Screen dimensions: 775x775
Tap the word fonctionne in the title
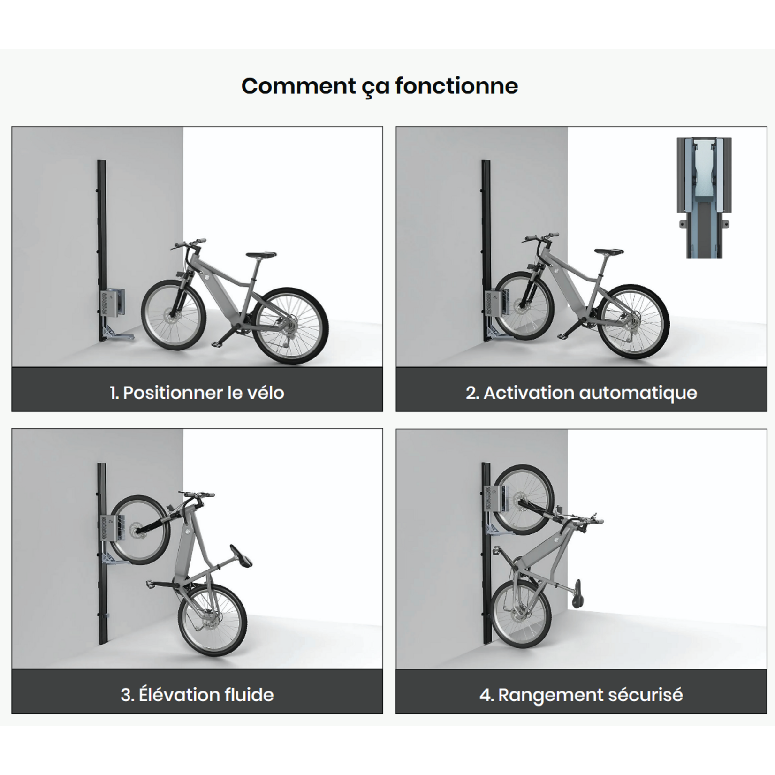456,86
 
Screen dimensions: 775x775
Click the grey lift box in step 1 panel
113,302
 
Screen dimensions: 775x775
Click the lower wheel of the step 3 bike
213,619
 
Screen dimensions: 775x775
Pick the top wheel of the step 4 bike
524,500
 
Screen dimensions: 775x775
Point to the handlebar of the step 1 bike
189,243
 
